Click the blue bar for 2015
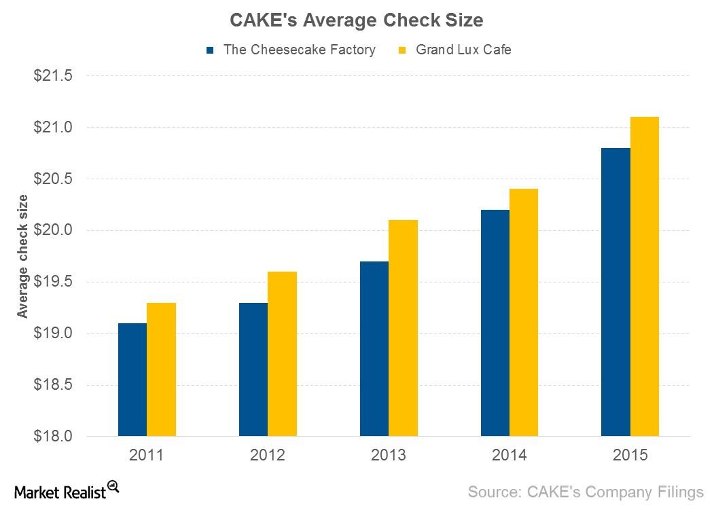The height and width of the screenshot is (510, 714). (615, 292)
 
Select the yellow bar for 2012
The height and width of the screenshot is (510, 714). (282, 354)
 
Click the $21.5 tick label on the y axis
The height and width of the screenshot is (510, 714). (52, 76)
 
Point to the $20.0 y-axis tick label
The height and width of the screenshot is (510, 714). (52, 230)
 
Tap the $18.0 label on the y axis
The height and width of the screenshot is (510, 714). (52, 436)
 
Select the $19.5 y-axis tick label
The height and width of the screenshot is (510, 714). (52, 282)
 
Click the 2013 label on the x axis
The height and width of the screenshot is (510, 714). (389, 455)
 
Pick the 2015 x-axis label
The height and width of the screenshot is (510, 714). (630, 455)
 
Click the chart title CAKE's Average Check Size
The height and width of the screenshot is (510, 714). (357, 21)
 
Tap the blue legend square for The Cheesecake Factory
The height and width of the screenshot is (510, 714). (211, 50)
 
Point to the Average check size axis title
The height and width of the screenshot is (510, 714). (23, 256)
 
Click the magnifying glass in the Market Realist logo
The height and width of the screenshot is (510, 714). (113, 486)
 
